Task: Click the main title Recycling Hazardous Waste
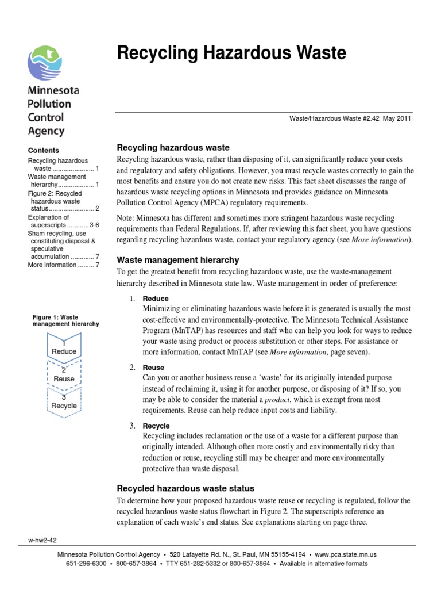pos(231,53)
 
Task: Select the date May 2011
pos(398,118)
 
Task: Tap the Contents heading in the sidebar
pos(44,151)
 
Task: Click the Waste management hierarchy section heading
pos(178,260)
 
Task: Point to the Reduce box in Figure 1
pos(64,348)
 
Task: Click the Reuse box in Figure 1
pos(64,376)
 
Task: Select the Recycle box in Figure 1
pos(64,402)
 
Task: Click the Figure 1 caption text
pos(65,320)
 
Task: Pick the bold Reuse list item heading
pos(153,368)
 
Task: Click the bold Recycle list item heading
pos(156,426)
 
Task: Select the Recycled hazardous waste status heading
pos(185,488)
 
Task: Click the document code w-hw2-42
pos(41,540)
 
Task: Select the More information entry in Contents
pos(52,265)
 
